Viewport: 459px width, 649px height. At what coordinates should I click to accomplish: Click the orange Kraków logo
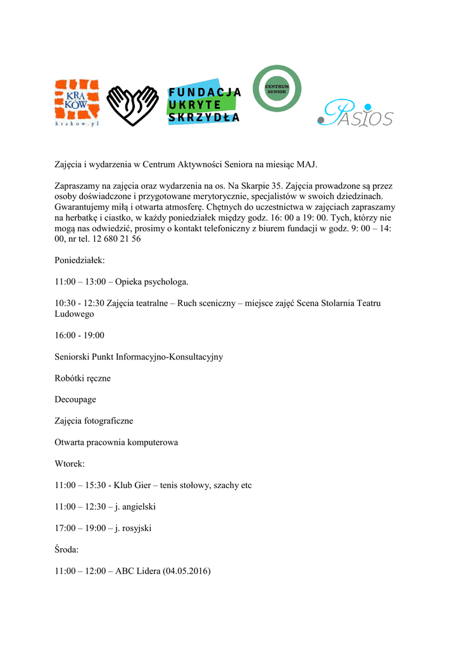(77, 102)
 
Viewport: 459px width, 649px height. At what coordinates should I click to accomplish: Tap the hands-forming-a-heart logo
(132, 105)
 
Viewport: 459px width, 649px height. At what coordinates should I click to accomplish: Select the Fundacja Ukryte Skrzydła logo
(204, 102)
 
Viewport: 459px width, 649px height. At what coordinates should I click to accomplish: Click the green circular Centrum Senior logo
(277, 88)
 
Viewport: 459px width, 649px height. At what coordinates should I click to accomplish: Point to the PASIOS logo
(355, 114)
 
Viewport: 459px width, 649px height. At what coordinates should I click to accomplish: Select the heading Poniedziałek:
(80, 260)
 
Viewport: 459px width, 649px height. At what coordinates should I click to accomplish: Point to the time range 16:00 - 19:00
(80, 335)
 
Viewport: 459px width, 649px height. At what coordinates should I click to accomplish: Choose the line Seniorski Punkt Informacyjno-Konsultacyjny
(139, 357)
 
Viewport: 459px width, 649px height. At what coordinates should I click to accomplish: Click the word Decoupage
(75, 400)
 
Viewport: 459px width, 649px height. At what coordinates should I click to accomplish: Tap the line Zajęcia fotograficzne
(94, 421)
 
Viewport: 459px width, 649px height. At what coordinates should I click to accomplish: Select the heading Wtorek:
(70, 464)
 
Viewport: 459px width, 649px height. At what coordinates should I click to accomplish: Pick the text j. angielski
(135, 507)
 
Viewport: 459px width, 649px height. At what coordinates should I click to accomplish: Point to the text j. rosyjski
(133, 528)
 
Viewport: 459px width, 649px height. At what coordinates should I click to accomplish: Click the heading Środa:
(67, 549)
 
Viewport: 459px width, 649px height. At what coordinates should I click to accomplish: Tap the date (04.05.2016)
(187, 571)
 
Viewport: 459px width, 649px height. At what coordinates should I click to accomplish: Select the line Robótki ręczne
(82, 378)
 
